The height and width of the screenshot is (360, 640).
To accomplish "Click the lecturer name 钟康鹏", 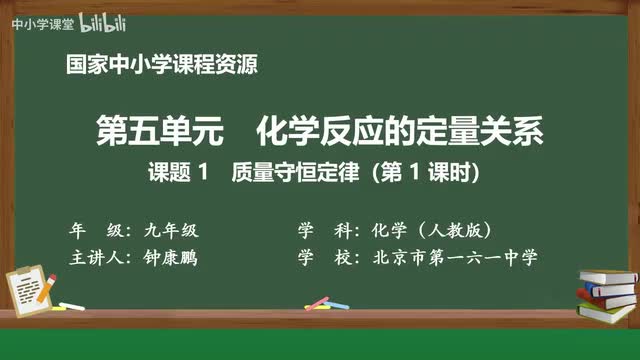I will click(x=171, y=257).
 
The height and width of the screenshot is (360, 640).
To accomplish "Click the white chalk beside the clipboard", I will click(x=71, y=303).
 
